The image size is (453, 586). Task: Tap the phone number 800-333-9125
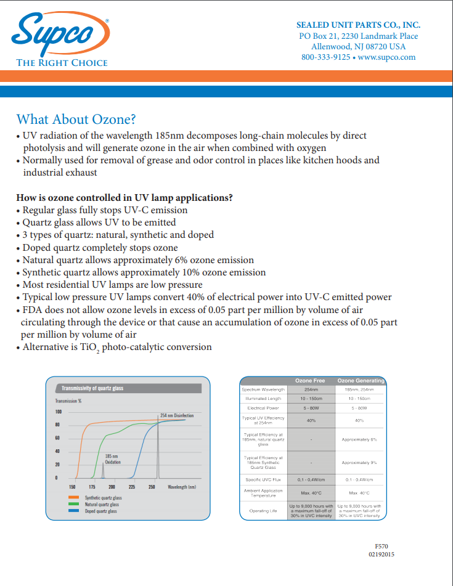[x=325, y=57]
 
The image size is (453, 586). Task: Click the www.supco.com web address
[x=386, y=57]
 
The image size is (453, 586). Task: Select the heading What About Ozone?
[x=76, y=119]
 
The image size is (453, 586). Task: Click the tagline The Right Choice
[x=62, y=63]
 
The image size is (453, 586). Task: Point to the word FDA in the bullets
[x=32, y=310]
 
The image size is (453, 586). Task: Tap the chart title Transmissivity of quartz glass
[x=92, y=388]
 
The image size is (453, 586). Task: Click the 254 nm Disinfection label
[x=176, y=416]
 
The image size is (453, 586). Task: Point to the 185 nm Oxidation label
[x=111, y=459]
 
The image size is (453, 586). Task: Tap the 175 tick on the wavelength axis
[x=92, y=487]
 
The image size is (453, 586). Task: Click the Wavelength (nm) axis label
[x=182, y=487]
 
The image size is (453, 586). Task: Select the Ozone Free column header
[x=309, y=381]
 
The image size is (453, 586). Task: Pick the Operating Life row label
[x=263, y=511]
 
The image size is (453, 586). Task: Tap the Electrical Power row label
[x=263, y=408]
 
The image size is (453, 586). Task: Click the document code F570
[x=381, y=547]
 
